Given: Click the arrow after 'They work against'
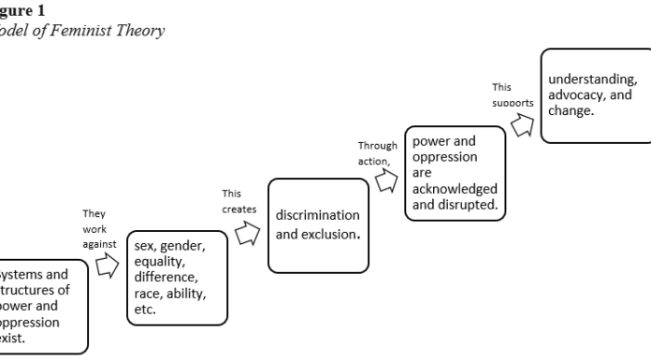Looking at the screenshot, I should pyautogui.click(x=108, y=268).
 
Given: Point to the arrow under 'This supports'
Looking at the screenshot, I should pyautogui.click(x=522, y=124).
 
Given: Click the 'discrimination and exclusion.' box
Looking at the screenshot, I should pyautogui.click(x=317, y=224).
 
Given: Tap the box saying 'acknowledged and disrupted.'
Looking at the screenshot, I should pyautogui.click(x=454, y=173).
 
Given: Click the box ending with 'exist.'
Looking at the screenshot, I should pyautogui.click(x=42, y=306).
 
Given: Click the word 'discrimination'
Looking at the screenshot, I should pyautogui.click(x=318, y=216).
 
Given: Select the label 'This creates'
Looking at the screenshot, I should pyautogui.click(x=239, y=201).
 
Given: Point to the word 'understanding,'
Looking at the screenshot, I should pyautogui.click(x=593, y=79).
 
